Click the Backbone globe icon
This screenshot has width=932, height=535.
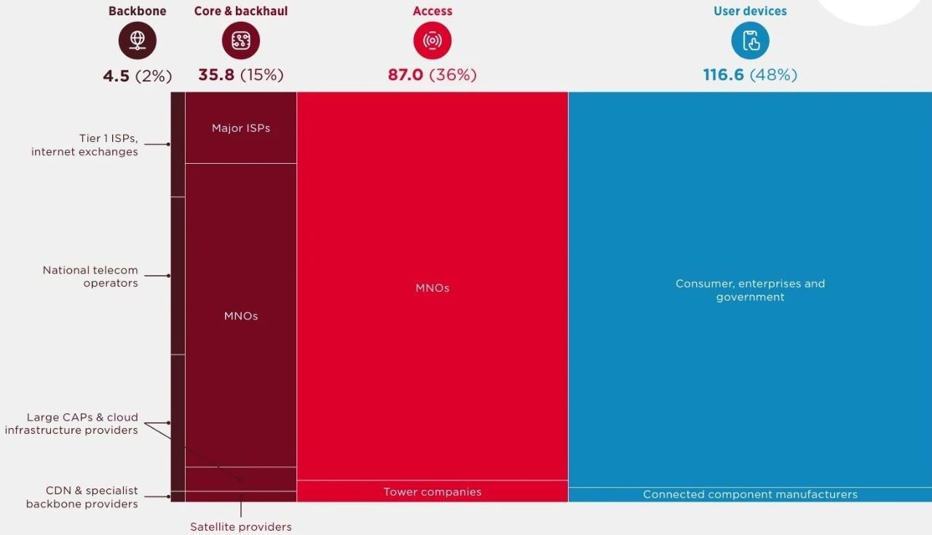pos(138,41)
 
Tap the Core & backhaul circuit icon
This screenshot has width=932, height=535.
pos(241,41)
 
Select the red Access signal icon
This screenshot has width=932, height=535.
pos(433,41)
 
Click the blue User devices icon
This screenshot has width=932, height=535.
pos(750,41)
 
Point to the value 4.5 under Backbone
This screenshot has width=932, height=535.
pos(116,75)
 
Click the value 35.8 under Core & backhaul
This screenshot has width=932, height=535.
pos(216,75)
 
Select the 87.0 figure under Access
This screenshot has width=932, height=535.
pos(406,75)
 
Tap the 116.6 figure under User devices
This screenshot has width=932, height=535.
pos(724,75)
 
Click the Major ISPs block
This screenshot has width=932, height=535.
pos(241,128)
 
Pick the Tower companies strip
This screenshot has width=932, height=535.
pos(433,492)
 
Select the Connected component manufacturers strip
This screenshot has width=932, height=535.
pos(750,495)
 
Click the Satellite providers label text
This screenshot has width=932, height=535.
pos(241,527)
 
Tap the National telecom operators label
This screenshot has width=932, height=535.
pos(90,277)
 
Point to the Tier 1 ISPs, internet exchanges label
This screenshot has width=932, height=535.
pos(84,145)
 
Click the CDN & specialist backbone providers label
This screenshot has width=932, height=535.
pos(82,497)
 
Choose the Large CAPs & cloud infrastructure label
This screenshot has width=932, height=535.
pos(71,424)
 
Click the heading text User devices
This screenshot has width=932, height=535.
pos(750,11)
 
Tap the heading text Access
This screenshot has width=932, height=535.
pos(433,11)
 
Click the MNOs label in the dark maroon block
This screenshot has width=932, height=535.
pos(241,316)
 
